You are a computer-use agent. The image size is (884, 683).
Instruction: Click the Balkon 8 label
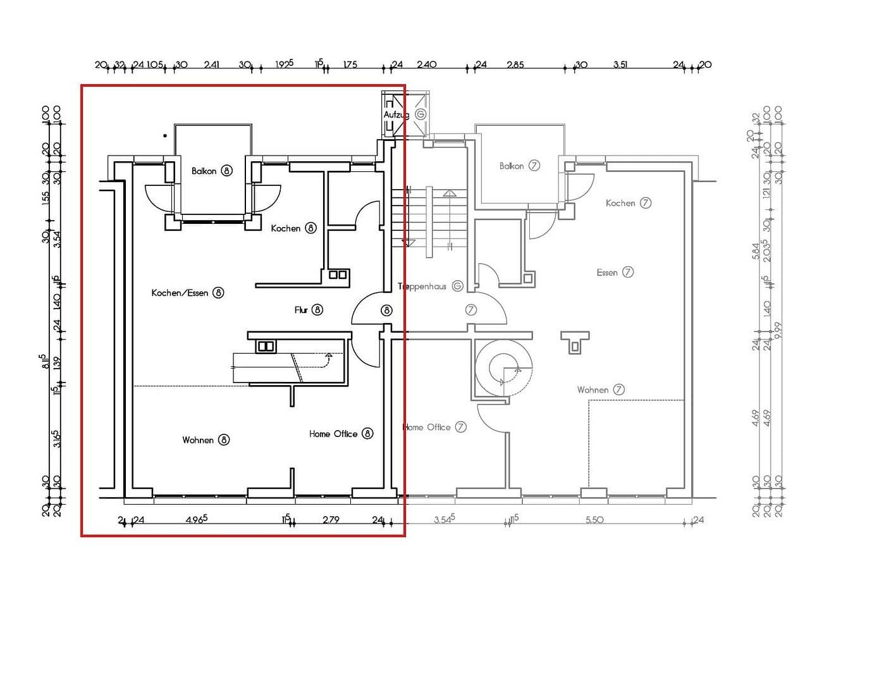(x=212, y=171)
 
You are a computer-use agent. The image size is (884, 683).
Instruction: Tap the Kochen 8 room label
(x=293, y=228)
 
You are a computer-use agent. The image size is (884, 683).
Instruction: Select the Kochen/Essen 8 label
(x=187, y=293)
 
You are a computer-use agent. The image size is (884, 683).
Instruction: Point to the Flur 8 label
(x=309, y=310)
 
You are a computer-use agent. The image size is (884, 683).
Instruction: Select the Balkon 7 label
(x=519, y=166)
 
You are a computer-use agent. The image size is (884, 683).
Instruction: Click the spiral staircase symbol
(x=504, y=367)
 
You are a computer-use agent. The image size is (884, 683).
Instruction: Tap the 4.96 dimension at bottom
(x=197, y=520)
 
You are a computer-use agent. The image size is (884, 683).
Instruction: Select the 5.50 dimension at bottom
(x=594, y=520)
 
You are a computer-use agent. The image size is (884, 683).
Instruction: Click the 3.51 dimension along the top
(x=620, y=65)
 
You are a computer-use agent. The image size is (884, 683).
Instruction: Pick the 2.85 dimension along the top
(x=515, y=65)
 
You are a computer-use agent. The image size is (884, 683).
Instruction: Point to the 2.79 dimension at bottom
(x=331, y=520)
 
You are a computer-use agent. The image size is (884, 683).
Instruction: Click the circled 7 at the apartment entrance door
(x=470, y=310)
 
